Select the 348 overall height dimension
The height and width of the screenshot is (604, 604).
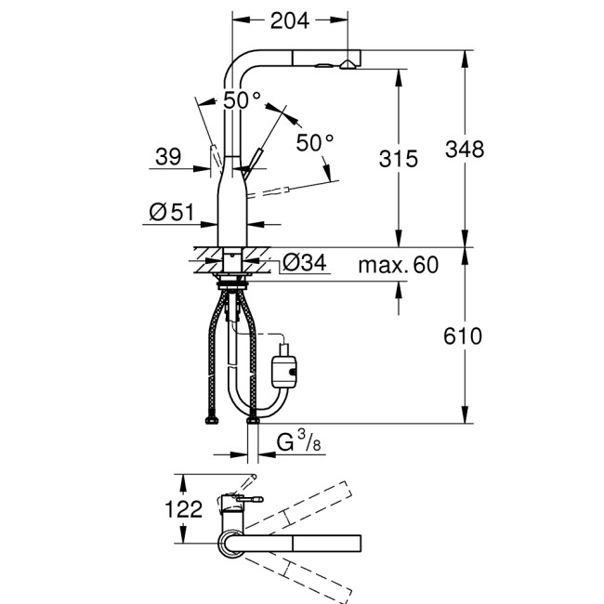pyautogui.click(x=465, y=149)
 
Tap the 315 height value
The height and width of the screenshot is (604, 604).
pyautogui.click(x=400, y=159)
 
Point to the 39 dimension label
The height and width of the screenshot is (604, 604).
pyautogui.click(x=168, y=158)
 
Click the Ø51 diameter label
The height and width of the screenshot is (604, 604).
pyautogui.click(x=171, y=213)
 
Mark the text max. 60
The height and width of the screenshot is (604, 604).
pyautogui.click(x=398, y=266)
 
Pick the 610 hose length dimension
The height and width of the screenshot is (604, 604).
pyautogui.click(x=465, y=335)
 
